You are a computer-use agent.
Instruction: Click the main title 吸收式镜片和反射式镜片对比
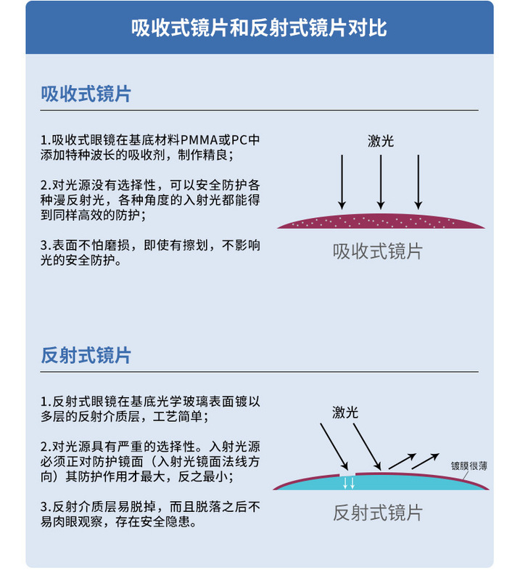point(259,28)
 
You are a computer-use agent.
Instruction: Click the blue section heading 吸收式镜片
point(86,94)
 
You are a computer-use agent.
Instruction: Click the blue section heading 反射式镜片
point(86,355)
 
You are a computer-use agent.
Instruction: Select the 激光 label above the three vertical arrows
point(381,141)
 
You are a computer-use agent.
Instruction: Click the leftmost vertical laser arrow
point(342,182)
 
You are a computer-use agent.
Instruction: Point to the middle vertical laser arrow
point(381,182)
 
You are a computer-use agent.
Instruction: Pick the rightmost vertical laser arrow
point(418,182)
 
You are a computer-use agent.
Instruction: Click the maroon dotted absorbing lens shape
point(381,222)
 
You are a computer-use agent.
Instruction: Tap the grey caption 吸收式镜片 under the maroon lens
point(378,251)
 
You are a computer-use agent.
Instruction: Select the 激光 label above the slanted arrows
point(345,412)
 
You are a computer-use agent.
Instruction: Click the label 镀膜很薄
point(469,466)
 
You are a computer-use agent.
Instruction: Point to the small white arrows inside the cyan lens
point(349,483)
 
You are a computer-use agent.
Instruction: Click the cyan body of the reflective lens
point(381,483)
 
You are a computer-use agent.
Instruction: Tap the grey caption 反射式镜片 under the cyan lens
point(378,513)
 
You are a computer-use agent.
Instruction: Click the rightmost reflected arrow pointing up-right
point(425,461)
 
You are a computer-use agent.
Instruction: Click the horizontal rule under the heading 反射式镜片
point(259,372)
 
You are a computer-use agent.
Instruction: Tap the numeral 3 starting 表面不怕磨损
point(44,245)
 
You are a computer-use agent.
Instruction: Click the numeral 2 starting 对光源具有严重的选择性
point(44,447)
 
